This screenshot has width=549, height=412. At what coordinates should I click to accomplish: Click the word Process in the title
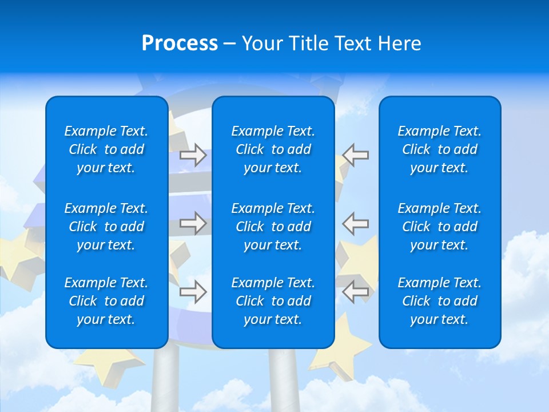coord(180,43)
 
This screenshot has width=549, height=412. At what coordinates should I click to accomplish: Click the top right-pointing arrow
coord(193,155)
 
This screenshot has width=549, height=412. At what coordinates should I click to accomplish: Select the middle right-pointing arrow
coord(193,223)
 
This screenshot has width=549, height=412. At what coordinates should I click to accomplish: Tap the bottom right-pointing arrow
coord(193,292)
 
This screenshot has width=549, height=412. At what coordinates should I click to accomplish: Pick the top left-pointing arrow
coord(356,155)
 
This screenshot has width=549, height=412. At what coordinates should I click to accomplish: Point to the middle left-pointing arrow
coord(356,223)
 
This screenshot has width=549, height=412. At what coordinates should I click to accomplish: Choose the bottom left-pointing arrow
coord(356,292)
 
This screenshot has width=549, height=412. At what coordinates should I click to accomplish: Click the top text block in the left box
coord(106,149)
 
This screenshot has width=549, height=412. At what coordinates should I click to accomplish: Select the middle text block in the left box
coord(106,227)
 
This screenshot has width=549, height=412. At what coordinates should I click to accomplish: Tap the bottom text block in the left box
coord(106,301)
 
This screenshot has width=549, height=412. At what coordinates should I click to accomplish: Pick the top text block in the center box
coord(273,149)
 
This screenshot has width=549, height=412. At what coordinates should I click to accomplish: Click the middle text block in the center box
coord(273,227)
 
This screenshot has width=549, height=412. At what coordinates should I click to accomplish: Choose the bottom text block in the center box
coord(273,301)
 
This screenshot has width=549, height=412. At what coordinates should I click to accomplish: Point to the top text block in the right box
coord(440,149)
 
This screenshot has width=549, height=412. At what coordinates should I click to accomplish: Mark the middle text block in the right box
coord(440,227)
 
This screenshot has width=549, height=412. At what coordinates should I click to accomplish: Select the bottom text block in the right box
coord(440,301)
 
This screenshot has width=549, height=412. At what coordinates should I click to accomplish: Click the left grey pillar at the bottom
coord(165,381)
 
